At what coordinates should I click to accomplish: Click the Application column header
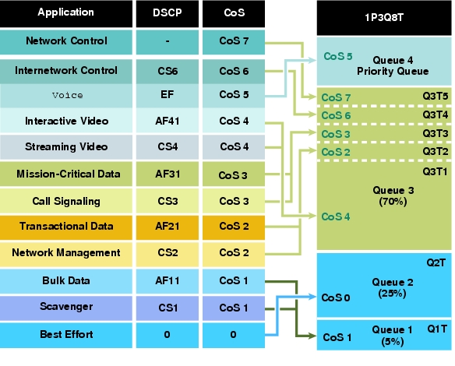66,14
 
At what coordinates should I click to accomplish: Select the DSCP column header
168,14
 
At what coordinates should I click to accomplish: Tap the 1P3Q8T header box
384,18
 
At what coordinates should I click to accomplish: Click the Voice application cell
66,96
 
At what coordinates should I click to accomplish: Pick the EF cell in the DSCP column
168,96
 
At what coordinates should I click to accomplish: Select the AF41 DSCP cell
168,121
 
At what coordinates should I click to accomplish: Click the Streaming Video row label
66,147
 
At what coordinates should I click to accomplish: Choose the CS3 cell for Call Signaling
168,201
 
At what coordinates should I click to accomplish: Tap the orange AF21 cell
168,227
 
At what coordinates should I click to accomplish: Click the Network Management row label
66,253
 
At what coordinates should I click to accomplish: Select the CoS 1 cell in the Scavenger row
234,308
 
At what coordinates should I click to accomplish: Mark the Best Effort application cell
66,335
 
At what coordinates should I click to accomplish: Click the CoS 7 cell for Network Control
234,42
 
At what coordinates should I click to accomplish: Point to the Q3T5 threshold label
435,96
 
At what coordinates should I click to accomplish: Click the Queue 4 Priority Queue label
393,66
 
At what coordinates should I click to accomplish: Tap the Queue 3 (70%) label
393,195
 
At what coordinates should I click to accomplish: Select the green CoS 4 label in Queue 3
336,216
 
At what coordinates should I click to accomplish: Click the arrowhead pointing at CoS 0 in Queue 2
312,297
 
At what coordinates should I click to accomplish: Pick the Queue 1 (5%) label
393,336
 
